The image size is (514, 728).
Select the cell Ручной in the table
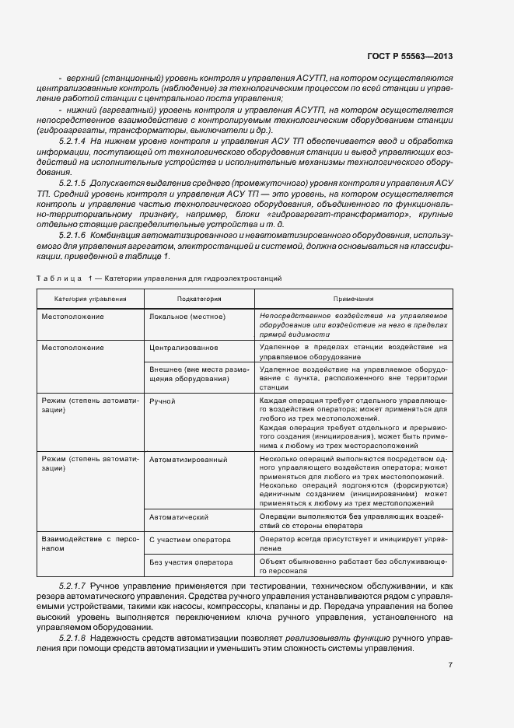point(162,401)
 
